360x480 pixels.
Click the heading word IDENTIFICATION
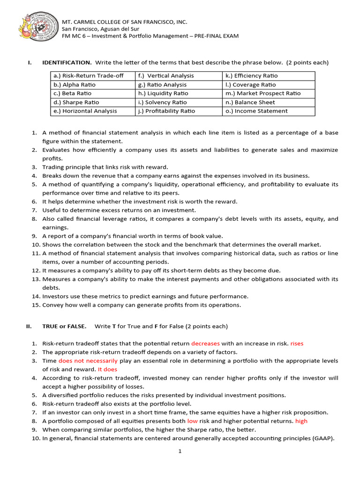coord(67,62)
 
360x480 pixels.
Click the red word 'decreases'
coord(205,344)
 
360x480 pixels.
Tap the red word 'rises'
coord(297,344)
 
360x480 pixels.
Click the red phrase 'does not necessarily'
coord(88,361)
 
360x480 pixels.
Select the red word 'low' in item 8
coord(192,421)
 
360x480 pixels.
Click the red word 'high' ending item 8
coord(301,421)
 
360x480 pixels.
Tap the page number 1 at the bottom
coord(180,451)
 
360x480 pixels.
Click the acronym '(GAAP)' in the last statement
coord(323,438)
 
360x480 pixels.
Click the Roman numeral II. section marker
coord(28,326)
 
